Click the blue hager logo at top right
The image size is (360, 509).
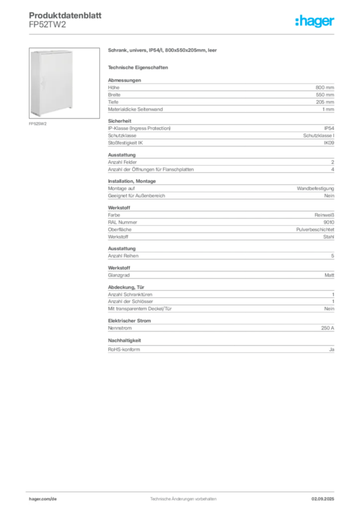pos(315,21)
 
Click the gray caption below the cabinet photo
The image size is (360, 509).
pos(38,124)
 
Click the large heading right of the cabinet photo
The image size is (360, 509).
pos(163,51)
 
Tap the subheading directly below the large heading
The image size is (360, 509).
pos(139,67)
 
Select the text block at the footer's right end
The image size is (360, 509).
pos(326,497)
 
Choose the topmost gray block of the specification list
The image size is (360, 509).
pos(220,89)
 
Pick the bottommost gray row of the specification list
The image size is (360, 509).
pos(220,347)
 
